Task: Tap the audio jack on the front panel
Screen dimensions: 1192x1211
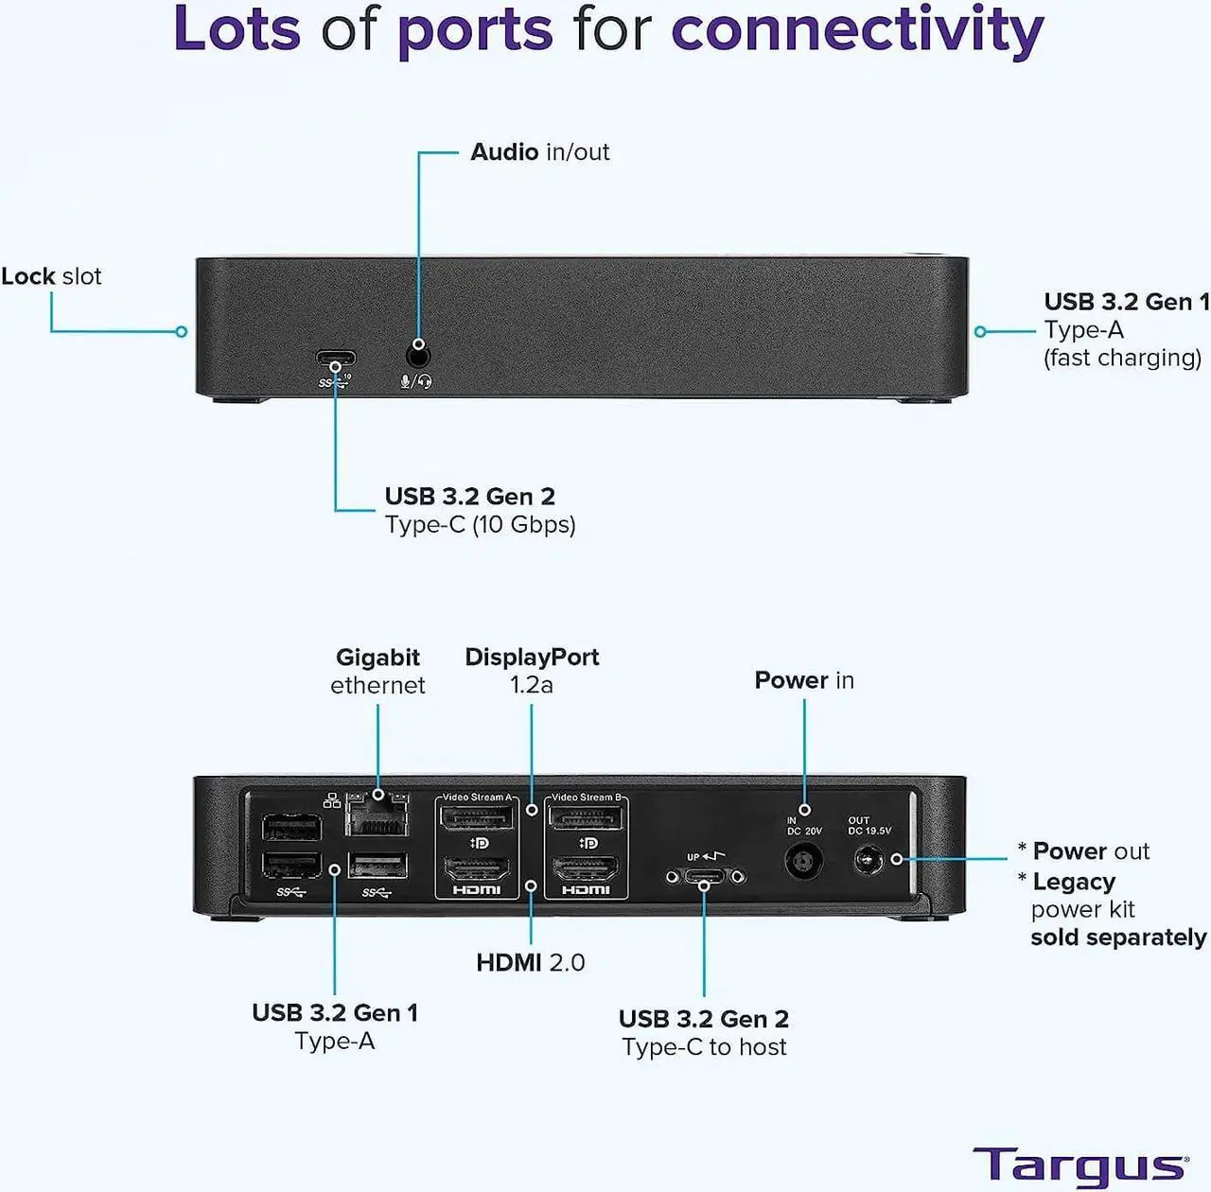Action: coord(418,357)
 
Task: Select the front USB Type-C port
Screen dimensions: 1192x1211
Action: coord(336,360)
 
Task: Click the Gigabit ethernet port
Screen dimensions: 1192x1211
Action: coord(377,815)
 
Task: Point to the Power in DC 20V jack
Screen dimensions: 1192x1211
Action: coord(803,861)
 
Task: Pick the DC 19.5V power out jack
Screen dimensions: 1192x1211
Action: coord(869,860)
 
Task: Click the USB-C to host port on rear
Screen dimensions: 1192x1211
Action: coord(705,877)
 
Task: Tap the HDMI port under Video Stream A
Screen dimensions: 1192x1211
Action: coord(477,868)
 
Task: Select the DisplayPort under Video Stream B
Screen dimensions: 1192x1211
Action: coord(587,817)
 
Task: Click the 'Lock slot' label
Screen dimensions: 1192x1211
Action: coord(51,276)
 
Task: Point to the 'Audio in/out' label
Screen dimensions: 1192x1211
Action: coord(539,152)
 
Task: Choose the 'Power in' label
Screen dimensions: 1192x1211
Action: coord(803,680)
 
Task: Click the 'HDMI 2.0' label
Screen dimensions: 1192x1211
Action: coord(530,962)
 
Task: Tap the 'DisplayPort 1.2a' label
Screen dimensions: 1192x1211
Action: coord(532,671)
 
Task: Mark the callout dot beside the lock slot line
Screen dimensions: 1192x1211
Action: coord(182,331)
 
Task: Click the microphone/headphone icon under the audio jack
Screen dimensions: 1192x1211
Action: coord(416,381)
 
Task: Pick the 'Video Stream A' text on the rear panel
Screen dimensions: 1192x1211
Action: coord(476,798)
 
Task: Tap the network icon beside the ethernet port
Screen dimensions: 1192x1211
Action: coord(332,801)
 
